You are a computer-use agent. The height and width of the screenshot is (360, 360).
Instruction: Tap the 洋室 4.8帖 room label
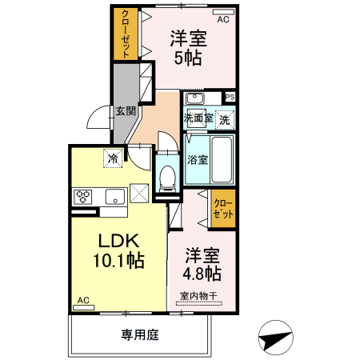click(x=202, y=264)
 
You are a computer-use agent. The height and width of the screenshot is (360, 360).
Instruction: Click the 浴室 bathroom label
click(x=198, y=158)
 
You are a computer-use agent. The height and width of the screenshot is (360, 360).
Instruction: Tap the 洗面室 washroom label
click(x=198, y=118)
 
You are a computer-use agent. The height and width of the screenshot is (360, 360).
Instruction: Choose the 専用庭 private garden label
click(x=139, y=334)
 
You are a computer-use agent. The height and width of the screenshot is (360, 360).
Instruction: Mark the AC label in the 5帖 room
click(x=223, y=20)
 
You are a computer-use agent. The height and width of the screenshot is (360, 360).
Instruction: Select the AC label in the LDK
click(x=82, y=302)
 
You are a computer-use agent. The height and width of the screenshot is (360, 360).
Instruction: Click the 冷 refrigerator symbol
click(x=114, y=158)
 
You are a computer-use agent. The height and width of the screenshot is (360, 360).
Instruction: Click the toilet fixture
click(x=168, y=177)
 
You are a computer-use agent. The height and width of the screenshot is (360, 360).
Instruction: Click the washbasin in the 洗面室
click(x=195, y=99)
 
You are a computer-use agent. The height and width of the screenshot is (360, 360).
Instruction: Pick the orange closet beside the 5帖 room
click(x=126, y=34)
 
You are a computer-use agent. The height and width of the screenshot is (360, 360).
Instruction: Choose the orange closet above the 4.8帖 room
click(x=224, y=210)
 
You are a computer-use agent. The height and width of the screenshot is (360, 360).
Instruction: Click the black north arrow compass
click(x=275, y=339)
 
